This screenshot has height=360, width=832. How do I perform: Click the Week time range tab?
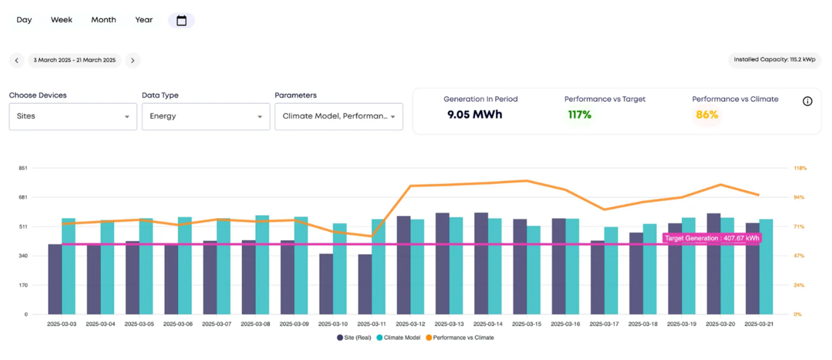coord(61,20)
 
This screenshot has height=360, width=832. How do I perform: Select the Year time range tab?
coord(144,20)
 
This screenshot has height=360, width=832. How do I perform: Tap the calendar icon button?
coord(182,20)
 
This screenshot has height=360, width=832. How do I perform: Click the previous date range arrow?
coord(16,60)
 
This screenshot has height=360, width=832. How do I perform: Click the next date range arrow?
coord(133,60)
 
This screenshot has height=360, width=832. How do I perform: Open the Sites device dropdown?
coord(73,116)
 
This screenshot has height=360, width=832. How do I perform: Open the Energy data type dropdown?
coord(205,116)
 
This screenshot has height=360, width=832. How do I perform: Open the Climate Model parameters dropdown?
coord(339,116)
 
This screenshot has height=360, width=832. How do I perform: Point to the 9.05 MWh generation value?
coord(474,115)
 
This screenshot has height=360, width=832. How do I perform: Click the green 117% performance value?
coord(579,115)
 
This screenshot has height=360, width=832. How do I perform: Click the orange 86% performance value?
coord(707,115)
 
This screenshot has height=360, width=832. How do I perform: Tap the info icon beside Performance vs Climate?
coord(808,101)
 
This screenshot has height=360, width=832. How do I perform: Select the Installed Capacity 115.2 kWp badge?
coord(774,60)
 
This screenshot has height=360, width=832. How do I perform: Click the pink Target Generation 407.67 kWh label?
coord(712,238)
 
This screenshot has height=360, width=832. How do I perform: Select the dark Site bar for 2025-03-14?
coord(481,263)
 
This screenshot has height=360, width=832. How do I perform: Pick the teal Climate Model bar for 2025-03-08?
coord(262,265)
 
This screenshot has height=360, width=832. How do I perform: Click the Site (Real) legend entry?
coord(354,337)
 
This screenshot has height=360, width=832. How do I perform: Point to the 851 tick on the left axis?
coord(23,168)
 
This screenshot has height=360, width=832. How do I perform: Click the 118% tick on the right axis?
coord(800,168)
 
